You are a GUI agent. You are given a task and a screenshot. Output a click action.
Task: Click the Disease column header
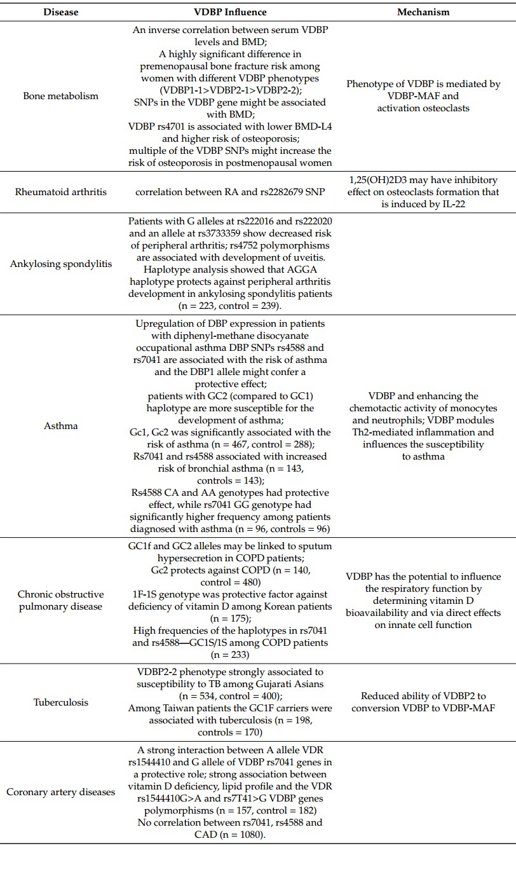click(61, 12)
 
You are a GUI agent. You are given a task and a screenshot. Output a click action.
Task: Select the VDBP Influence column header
click(230, 12)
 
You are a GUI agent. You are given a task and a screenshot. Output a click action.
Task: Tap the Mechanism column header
click(423, 12)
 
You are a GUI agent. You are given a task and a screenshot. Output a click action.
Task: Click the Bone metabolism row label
click(61, 96)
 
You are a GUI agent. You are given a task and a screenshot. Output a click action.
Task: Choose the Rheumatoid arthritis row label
click(61, 191)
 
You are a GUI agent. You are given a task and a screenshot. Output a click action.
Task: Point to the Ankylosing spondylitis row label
click(61, 264)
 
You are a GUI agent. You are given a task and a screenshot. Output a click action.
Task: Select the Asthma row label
click(61, 426)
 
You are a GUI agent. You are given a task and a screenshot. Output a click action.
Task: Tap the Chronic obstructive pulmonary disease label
click(61, 600)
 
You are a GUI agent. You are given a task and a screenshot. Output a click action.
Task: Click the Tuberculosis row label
click(61, 702)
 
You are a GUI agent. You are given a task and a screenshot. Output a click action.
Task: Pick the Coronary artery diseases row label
click(61, 792)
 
